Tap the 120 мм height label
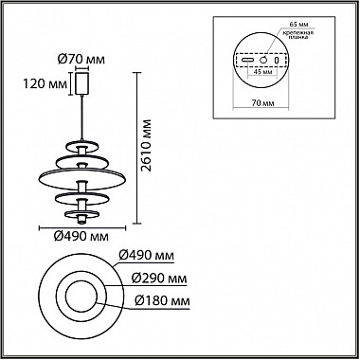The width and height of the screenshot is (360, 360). tap(45, 84)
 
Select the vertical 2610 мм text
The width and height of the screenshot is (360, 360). tap(146, 145)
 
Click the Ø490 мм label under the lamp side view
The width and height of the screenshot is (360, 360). tap(81, 237)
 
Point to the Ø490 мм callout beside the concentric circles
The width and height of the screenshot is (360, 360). tap(146, 256)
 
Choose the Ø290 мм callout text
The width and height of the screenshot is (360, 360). tap(159, 279)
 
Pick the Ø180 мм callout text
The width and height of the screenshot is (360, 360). tap(162, 301)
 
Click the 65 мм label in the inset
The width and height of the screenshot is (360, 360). tap(298, 25)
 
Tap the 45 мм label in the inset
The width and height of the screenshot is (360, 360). tap(263, 72)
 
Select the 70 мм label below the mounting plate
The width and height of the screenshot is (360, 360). tap(261, 103)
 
